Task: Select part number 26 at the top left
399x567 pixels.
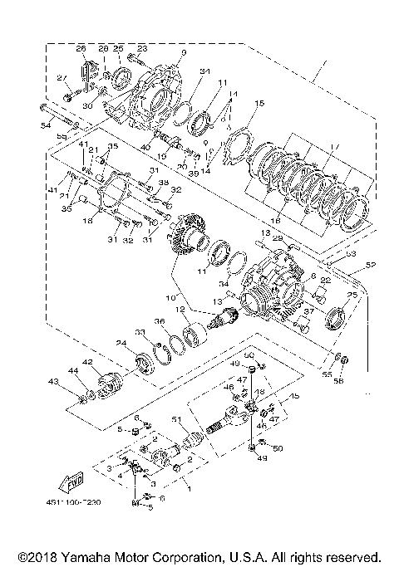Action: click(x=82, y=48)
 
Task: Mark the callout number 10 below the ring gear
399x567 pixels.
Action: click(x=173, y=297)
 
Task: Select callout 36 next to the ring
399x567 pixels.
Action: click(x=159, y=322)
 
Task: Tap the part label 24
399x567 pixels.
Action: click(x=121, y=343)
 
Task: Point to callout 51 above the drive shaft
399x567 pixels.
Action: click(x=175, y=419)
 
